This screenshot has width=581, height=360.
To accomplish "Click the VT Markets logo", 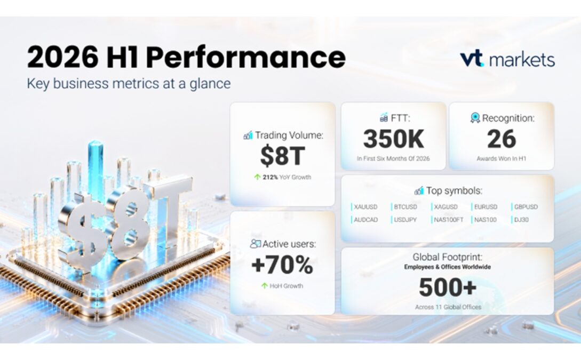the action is pyautogui.click(x=507, y=59).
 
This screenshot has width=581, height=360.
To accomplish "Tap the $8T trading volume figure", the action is pyautogui.click(x=283, y=156).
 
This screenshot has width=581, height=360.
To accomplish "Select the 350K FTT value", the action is pyautogui.click(x=394, y=139).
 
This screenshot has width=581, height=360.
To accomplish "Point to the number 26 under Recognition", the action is pyautogui.click(x=502, y=139).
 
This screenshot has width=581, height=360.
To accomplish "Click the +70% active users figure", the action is pyautogui.click(x=282, y=265).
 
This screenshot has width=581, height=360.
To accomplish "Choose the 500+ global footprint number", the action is pyautogui.click(x=448, y=287).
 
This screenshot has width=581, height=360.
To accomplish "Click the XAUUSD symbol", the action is pyautogui.click(x=365, y=207).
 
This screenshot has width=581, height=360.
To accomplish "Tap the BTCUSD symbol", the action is pyautogui.click(x=405, y=207).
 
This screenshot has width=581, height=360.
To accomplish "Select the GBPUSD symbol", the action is pyautogui.click(x=526, y=207).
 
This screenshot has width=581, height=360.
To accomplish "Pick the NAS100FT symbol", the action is pyautogui.click(x=449, y=220).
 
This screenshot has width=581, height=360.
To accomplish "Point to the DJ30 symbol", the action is pyautogui.click(x=521, y=220).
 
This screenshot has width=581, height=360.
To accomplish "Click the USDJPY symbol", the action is pyautogui.click(x=405, y=220).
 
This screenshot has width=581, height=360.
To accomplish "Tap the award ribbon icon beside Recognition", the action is pyautogui.click(x=475, y=118).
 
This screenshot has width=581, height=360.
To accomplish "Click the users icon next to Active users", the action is pyautogui.click(x=256, y=244).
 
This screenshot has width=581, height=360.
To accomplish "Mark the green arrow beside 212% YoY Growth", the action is pyautogui.click(x=257, y=177).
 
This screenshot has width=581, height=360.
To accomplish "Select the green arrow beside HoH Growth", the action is pyautogui.click(x=264, y=286).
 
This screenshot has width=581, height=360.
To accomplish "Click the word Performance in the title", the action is pyautogui.click(x=246, y=58).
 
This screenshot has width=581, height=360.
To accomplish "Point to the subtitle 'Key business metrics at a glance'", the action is pyautogui.click(x=129, y=83).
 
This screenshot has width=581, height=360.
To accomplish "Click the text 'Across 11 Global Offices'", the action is pyautogui.click(x=448, y=307).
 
